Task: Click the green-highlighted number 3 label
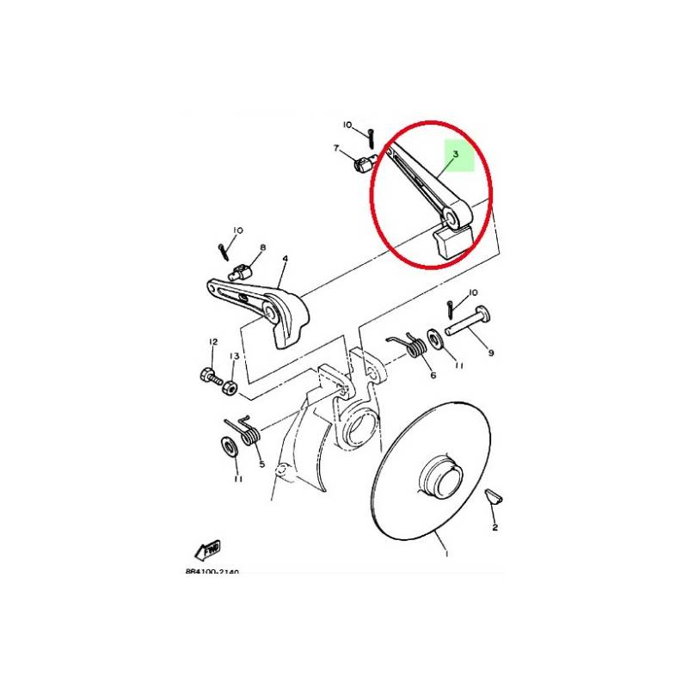(x=456, y=154)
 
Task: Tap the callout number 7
(x=336, y=148)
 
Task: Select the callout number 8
(x=263, y=248)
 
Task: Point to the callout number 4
(x=286, y=259)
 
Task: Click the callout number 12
(x=213, y=341)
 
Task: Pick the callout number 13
(x=234, y=356)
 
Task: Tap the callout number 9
(x=490, y=353)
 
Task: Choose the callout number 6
(x=433, y=376)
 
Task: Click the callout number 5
(x=262, y=464)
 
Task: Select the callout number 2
(x=494, y=527)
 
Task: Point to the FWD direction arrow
(x=208, y=550)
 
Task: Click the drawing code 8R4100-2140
(x=212, y=572)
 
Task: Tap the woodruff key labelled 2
(x=494, y=496)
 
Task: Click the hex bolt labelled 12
(x=211, y=377)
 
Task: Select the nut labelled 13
(x=230, y=388)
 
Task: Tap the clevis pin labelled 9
(x=469, y=322)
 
